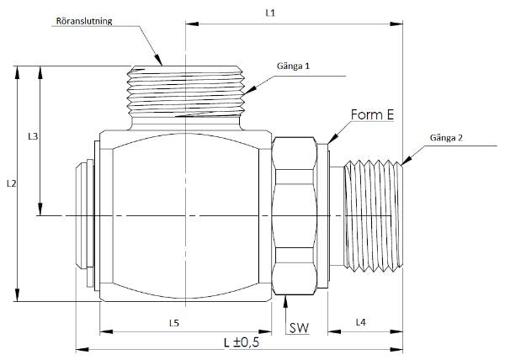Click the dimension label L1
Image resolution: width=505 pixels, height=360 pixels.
(x=270, y=13)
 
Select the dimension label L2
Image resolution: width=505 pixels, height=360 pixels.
(x=11, y=183)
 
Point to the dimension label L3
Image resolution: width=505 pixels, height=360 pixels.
(x=33, y=136)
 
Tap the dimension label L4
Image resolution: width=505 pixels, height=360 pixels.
(x=361, y=321)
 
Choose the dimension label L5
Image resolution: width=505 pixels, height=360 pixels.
(x=174, y=323)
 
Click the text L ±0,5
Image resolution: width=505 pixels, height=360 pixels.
(x=242, y=342)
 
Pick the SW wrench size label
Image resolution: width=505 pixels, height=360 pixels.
(x=299, y=328)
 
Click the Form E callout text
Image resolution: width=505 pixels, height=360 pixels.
(x=372, y=114)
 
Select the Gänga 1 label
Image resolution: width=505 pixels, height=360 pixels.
(x=293, y=66)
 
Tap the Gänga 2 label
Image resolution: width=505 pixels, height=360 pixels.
(x=446, y=138)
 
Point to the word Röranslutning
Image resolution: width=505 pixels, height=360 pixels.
(x=84, y=21)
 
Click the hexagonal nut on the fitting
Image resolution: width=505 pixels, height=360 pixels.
(x=295, y=216)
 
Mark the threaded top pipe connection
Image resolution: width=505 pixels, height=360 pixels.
(x=185, y=91)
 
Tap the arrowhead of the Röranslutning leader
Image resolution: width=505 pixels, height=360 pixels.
(x=158, y=61)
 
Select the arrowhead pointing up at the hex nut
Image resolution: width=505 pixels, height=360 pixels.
(x=285, y=301)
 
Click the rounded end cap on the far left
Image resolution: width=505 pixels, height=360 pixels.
(x=84, y=214)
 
